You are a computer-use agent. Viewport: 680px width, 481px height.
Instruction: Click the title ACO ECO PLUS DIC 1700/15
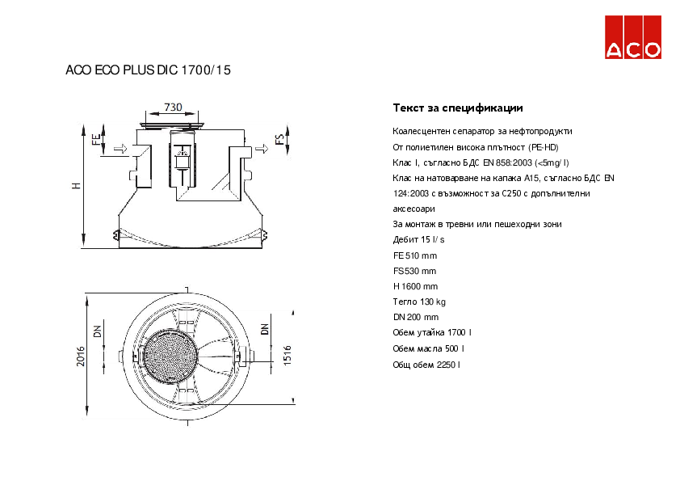coord(148,70)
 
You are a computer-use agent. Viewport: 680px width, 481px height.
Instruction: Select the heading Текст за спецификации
coord(458,108)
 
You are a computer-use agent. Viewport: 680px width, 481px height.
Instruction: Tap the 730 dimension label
coord(173,107)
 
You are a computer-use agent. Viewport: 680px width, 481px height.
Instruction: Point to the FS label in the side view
coord(280,140)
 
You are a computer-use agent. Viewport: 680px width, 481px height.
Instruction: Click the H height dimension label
coord(77,185)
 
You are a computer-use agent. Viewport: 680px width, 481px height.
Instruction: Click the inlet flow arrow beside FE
coord(120,149)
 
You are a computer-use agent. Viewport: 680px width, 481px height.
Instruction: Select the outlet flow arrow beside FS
coord(262,149)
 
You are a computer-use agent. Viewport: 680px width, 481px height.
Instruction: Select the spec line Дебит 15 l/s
coord(418,239)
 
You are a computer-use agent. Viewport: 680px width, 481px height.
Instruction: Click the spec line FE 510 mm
coord(414,255)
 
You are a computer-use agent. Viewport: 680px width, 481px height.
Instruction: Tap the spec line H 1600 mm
coord(415,286)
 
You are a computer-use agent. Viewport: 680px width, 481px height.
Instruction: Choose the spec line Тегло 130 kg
coord(419,302)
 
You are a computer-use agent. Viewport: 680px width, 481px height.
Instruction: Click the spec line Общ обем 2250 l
coord(426,365)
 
